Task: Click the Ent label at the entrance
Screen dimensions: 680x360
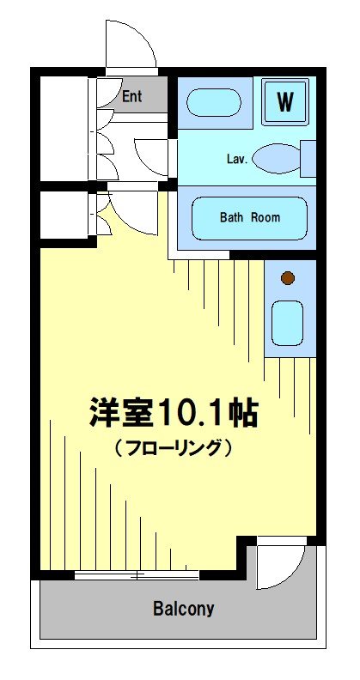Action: (x=131, y=96)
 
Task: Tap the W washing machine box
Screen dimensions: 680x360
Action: (x=284, y=101)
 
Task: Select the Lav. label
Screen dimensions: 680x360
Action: (x=237, y=160)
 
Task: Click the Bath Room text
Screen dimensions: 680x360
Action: (x=249, y=218)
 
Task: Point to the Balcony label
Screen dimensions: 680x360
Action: (x=183, y=610)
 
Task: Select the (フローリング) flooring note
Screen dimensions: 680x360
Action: (x=173, y=447)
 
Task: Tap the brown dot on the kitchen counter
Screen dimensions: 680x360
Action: (x=288, y=277)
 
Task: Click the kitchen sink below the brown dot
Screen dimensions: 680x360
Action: (x=288, y=323)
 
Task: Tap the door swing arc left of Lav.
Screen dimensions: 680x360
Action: (x=155, y=159)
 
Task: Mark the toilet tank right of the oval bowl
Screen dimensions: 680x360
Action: (x=308, y=158)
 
